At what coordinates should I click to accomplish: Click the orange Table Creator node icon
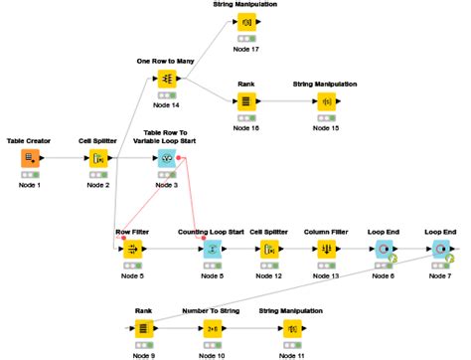click(30, 159)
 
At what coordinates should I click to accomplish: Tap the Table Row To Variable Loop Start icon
click(167, 159)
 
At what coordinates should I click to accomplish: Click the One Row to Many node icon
click(167, 77)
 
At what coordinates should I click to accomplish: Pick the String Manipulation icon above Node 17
click(245, 21)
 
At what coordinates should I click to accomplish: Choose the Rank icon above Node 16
click(245, 101)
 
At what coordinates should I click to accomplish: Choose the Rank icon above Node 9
click(143, 327)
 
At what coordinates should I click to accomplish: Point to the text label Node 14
click(167, 104)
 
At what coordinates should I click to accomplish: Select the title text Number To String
click(212, 310)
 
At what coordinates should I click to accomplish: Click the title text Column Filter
click(325, 232)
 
